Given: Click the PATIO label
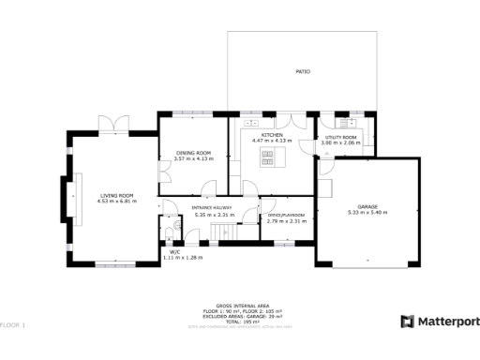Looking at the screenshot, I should [x=303, y=71].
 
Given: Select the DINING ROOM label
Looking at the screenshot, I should [x=193, y=153].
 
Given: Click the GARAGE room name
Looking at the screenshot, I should [x=367, y=206].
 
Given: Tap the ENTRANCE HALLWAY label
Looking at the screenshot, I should [x=211, y=208].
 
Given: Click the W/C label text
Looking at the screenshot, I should [x=174, y=251].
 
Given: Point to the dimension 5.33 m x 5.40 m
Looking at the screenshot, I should [x=367, y=213].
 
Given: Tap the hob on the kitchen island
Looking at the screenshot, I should [x=272, y=155].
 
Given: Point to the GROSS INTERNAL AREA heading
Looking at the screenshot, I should [x=239, y=307].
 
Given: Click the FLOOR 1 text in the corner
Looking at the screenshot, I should [x=13, y=324].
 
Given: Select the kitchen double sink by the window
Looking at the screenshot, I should [x=251, y=122].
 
